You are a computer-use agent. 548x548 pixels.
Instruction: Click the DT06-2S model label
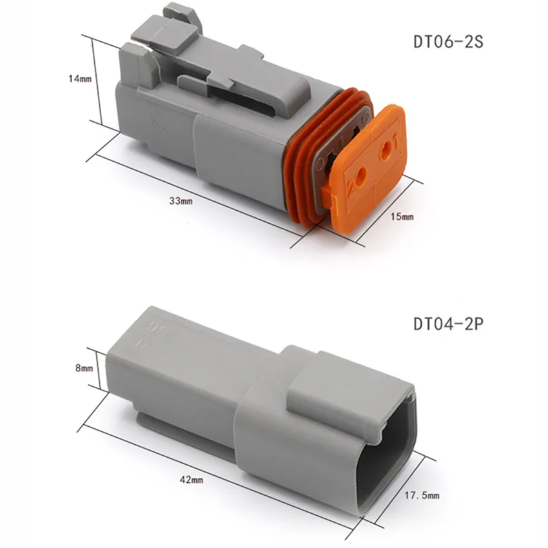pyautogui.click(x=447, y=43)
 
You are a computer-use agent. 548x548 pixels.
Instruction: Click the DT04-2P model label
pyautogui.click(x=447, y=322)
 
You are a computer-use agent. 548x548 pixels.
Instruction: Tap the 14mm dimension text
pyautogui.click(x=81, y=79)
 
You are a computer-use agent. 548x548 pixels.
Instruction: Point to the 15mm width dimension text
pyautogui.click(x=402, y=217)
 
